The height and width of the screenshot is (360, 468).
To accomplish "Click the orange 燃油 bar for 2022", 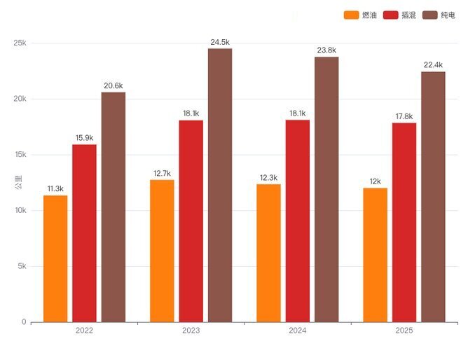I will (55, 258).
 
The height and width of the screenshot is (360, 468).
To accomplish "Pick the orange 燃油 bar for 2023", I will (162, 251).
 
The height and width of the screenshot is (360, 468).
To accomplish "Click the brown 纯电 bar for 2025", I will (433, 197).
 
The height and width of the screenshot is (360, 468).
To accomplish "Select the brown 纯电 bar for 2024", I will (326, 189).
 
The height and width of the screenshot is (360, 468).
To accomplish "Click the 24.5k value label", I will (219, 42).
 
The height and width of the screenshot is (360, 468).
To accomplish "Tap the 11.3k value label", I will (55, 189).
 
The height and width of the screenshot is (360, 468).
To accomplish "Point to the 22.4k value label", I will (433, 65).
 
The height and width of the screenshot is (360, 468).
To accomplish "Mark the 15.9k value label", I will (84, 138).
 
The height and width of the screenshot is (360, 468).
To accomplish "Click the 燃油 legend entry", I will (361, 15).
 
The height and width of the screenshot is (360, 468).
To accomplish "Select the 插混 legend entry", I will (399, 15).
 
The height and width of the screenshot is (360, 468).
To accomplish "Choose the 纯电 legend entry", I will (439, 15).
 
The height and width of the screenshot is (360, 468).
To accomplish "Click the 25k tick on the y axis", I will (20, 43).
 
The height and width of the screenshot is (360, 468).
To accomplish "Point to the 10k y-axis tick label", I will (20, 210).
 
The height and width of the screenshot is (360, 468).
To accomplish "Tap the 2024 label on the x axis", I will (298, 330).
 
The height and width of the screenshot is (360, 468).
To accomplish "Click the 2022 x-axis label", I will (84, 330).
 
